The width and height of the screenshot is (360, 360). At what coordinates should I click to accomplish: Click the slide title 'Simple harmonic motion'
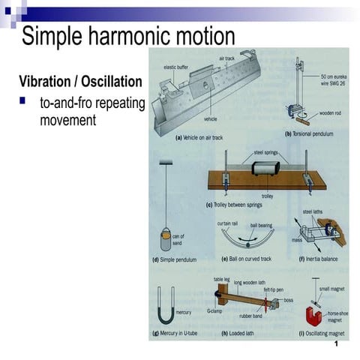pos(127,35)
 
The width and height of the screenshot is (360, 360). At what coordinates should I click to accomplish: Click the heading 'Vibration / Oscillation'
pos(80,80)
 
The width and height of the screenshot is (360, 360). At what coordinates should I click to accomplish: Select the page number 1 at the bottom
pos(337,343)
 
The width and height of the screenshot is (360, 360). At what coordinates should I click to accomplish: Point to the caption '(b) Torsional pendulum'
pos(307,134)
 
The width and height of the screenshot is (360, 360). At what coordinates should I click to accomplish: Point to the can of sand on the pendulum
pos(166,241)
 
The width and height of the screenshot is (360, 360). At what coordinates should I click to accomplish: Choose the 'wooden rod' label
pos(330,114)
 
